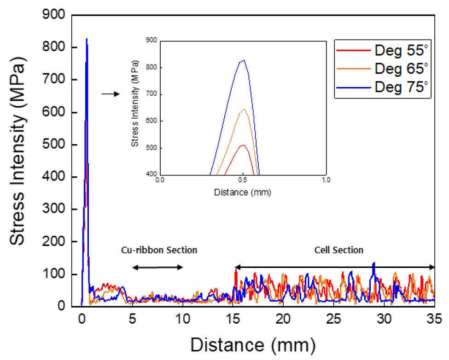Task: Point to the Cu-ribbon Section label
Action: pyautogui.click(x=159, y=250)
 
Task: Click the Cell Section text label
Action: pyautogui.click(x=339, y=250)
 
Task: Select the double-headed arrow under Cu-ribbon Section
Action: pyautogui.click(x=158, y=267)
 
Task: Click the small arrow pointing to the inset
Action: pyautogui.click(x=111, y=94)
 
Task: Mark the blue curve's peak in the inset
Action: pyautogui.click(x=244, y=60)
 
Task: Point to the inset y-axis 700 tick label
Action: pyautogui.click(x=151, y=94)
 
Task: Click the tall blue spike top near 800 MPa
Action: pyautogui.click(x=87, y=39)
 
